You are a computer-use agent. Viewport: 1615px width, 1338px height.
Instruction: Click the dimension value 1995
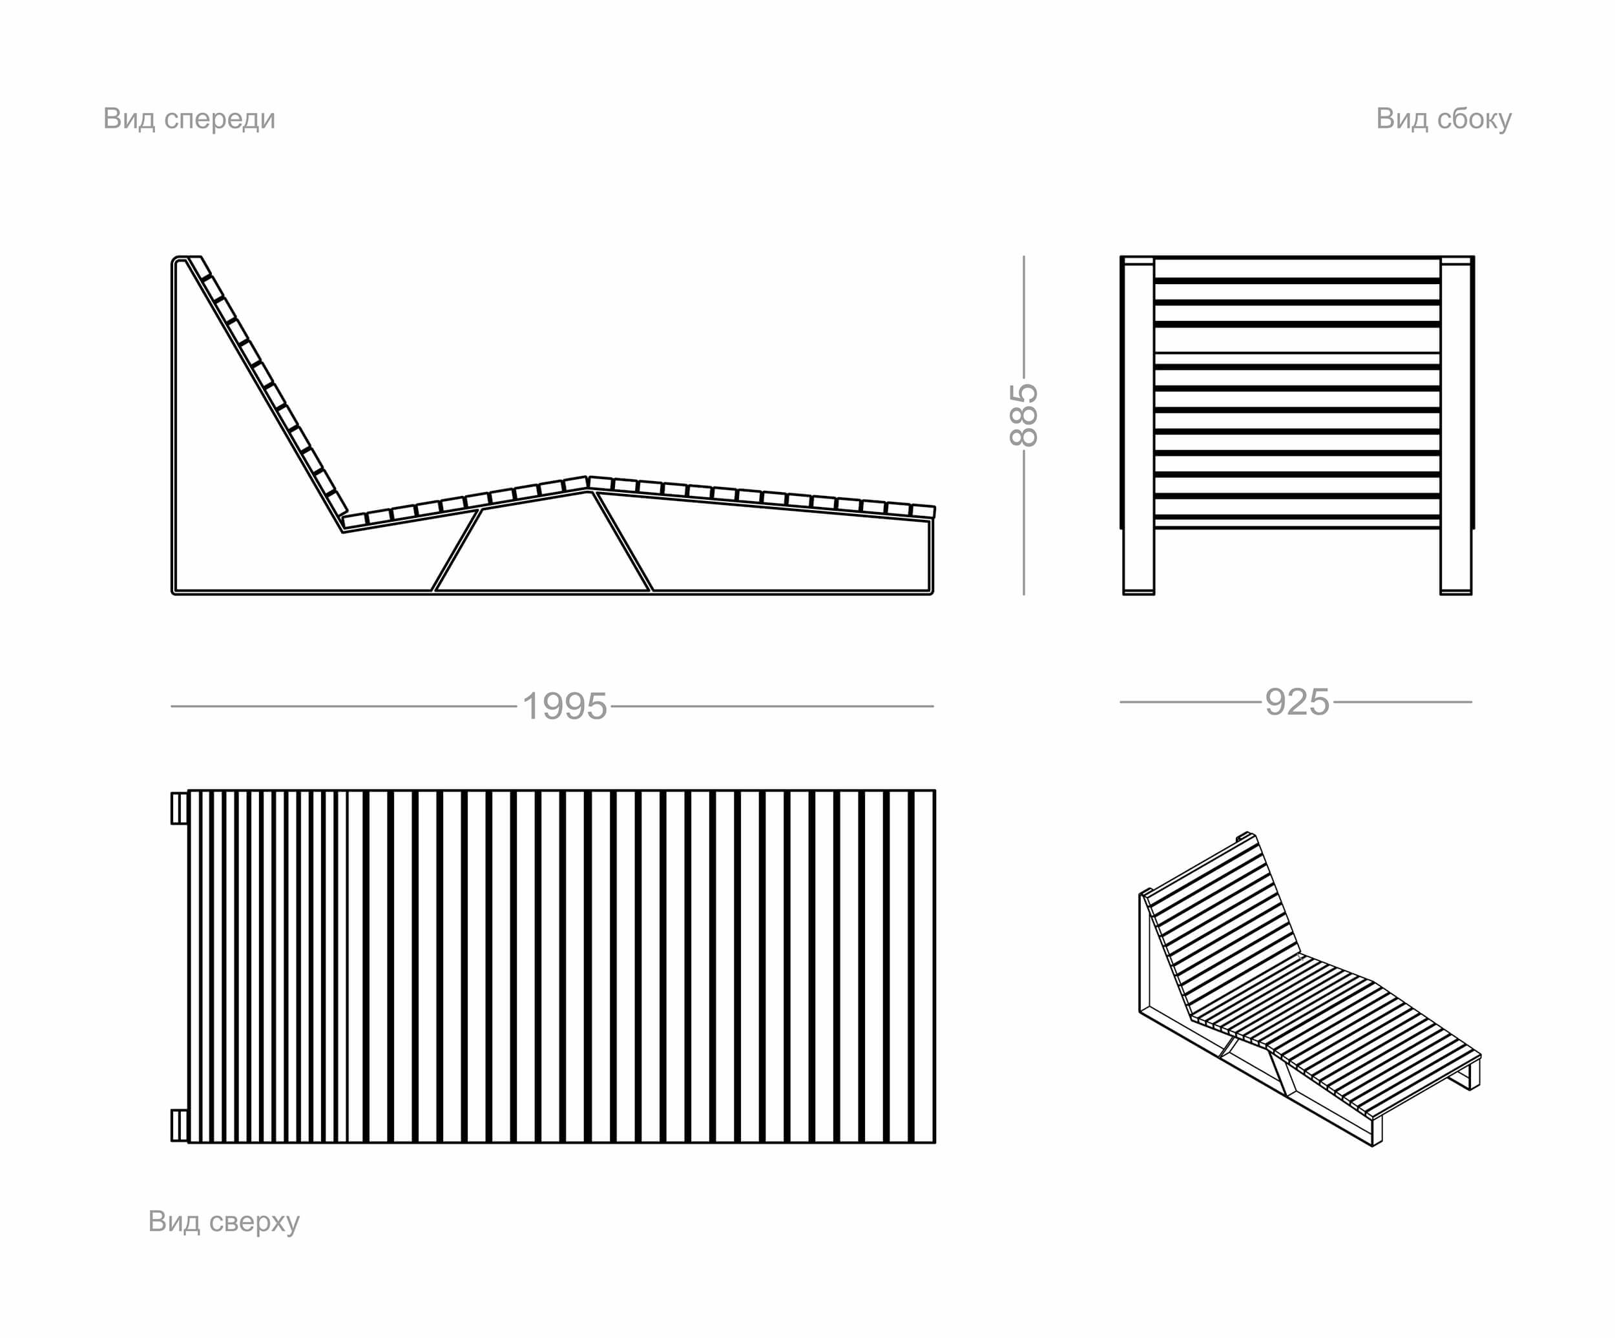565,706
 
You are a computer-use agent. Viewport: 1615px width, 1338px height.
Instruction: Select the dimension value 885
1024,415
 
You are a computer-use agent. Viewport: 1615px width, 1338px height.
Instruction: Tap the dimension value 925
1297,702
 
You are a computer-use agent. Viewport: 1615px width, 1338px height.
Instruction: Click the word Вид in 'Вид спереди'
129,119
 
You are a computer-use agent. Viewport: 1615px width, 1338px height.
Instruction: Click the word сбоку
1474,119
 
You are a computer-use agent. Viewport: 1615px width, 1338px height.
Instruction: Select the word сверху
255,1221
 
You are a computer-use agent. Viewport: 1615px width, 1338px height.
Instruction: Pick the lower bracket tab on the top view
178,1125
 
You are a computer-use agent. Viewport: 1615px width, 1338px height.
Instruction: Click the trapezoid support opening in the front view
542,546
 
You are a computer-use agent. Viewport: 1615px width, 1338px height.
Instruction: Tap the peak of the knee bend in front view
588,480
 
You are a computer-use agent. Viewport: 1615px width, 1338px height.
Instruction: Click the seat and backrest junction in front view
344,523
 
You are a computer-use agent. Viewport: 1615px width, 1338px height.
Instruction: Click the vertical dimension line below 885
1024,523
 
